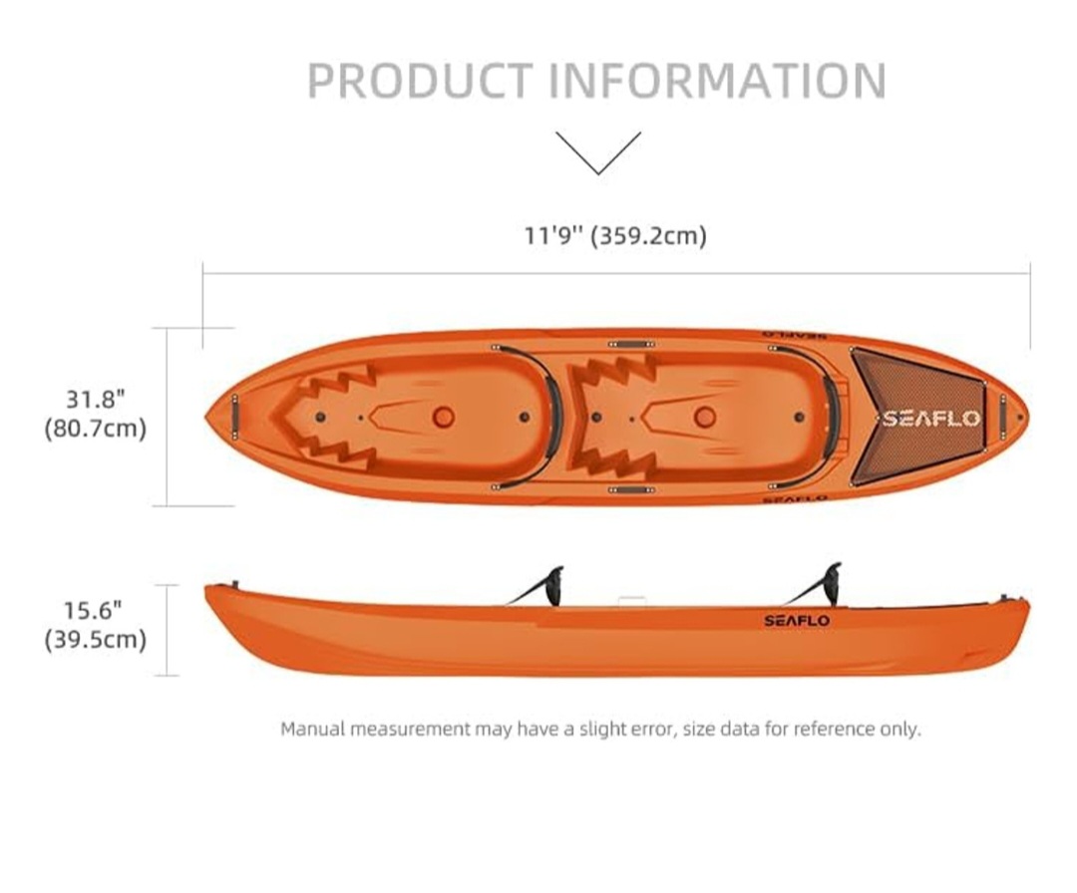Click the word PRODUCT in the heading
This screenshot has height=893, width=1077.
click(420, 81)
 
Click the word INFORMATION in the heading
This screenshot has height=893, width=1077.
click(718, 81)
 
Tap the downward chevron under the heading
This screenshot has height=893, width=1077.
click(598, 153)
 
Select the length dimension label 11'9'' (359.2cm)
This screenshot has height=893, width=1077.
click(615, 235)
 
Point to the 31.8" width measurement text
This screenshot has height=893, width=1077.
click(96, 398)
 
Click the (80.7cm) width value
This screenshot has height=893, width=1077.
click(96, 429)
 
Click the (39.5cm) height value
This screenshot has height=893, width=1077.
click(96, 640)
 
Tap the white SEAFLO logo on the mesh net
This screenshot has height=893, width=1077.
click(931, 418)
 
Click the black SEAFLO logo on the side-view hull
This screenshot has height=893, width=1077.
click(797, 621)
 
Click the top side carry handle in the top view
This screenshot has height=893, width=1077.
click(631, 343)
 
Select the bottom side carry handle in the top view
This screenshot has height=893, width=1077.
click(631, 490)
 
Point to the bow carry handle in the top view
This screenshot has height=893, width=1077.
click(235, 417)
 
